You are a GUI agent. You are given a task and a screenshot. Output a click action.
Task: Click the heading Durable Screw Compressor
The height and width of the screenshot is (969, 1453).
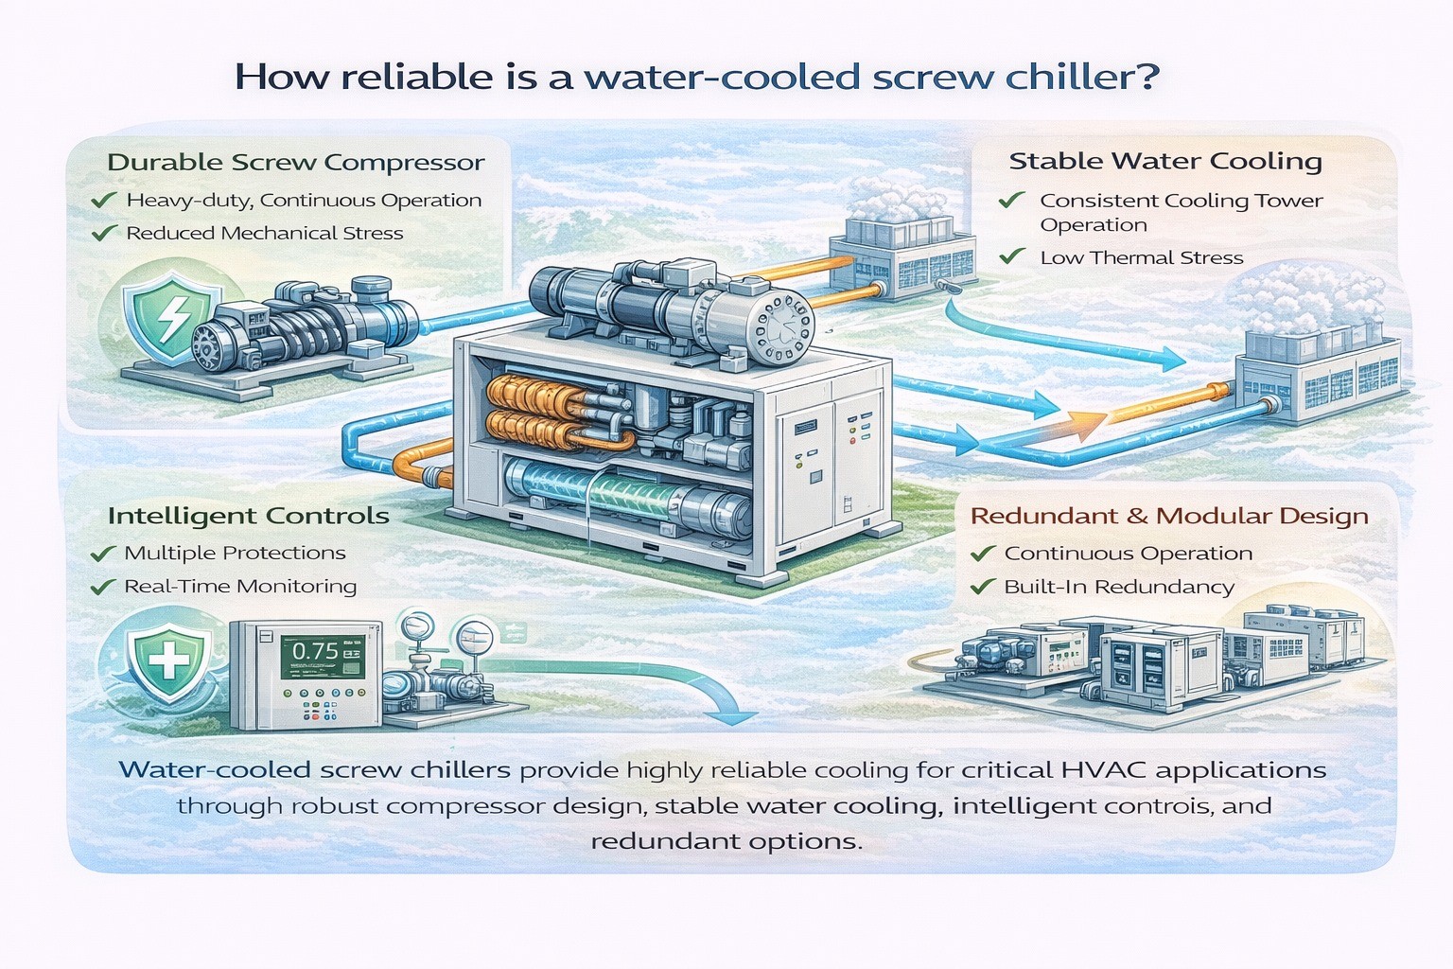click(295, 163)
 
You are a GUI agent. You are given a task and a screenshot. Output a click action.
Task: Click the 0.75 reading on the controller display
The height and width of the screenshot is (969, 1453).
click(315, 651)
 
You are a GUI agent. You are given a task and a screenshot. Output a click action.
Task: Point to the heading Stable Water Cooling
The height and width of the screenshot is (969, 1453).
click(1164, 162)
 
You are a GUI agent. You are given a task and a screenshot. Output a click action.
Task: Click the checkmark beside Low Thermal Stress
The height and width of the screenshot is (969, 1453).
click(1011, 256)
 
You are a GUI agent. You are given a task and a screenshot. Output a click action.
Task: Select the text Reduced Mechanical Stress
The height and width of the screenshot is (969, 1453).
click(264, 234)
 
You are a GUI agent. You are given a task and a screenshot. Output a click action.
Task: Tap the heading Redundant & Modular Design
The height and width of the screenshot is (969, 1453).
click(1169, 517)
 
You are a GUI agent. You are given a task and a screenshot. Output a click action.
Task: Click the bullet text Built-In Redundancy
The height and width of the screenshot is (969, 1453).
click(1118, 588)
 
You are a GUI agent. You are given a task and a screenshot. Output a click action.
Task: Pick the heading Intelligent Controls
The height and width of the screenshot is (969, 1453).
click(248, 517)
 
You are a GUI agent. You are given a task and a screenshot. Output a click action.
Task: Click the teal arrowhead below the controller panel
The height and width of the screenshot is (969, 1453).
click(733, 714)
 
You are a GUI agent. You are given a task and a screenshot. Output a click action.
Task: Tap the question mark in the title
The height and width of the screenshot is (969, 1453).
click(1147, 78)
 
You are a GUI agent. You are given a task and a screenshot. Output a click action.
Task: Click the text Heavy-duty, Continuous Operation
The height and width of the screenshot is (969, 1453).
click(304, 201)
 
